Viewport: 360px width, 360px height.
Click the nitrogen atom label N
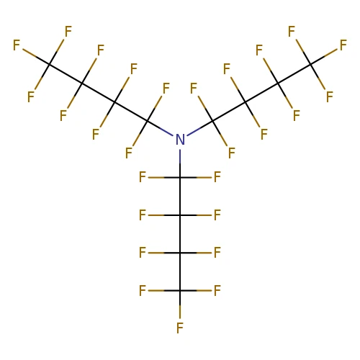pos(180,140)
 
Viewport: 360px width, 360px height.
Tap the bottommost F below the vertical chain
pos(180,328)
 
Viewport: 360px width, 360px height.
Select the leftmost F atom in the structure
pos(17,45)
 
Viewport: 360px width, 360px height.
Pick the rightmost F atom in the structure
pos(343,45)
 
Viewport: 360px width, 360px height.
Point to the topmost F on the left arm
pos(68,32)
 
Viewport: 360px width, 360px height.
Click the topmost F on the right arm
pos(292,32)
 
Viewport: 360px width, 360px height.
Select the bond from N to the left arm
pos(161,129)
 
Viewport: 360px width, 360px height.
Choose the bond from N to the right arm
pos(199,129)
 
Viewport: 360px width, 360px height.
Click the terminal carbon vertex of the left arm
pos(49,64)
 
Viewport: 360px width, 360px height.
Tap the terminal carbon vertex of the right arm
pos(311,64)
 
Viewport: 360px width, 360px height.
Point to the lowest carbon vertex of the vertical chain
pos(180,291)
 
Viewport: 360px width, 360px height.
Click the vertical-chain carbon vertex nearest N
pos(180,178)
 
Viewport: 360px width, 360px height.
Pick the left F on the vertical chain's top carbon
pos(143,177)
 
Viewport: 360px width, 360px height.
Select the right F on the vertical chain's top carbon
pos(217,177)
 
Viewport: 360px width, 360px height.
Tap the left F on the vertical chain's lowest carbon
pos(143,291)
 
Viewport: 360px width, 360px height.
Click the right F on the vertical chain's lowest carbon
pos(217,291)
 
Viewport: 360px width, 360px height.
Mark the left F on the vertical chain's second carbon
pos(143,215)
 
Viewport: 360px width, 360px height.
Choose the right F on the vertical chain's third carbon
pos(217,253)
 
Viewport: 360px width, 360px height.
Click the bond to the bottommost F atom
pos(180,305)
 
